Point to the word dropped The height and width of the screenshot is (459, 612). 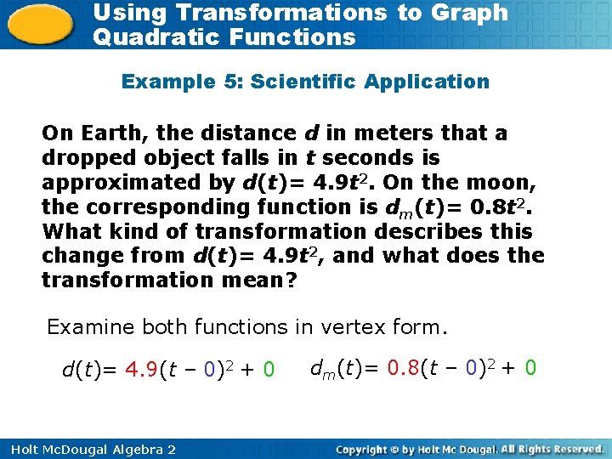pyautogui.click(x=83, y=158)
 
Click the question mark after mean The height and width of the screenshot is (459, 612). pyautogui.click(x=292, y=280)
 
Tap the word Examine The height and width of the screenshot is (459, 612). pyautogui.click(x=85, y=326)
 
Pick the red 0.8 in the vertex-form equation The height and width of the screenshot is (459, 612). pyautogui.click(x=404, y=368)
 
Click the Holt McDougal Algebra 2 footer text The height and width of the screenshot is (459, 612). pyautogui.click(x=88, y=449)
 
